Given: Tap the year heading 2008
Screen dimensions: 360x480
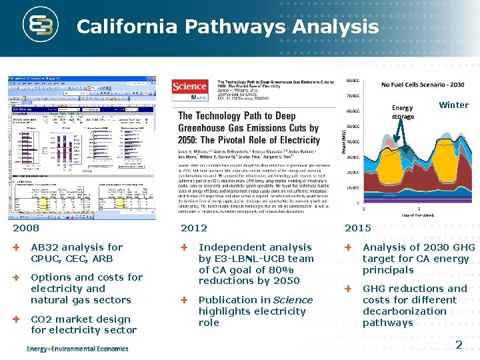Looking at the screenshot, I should pyautogui.click(x=26, y=228).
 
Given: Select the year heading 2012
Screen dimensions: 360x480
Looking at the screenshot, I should pyautogui.click(x=194, y=228).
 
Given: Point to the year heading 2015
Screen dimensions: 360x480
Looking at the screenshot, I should pyautogui.click(x=357, y=228).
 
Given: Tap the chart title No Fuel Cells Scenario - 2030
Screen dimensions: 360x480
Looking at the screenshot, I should pyautogui.click(x=423, y=85).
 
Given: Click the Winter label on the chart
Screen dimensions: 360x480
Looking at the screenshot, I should pyautogui.click(x=453, y=105).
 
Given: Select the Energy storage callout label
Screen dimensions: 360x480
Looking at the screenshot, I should pyautogui.click(x=402, y=112).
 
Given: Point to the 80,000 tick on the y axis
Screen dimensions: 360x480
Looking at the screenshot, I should pyautogui.click(x=353, y=80).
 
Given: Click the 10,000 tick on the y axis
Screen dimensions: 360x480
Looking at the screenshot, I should pyautogui.click(x=353, y=187).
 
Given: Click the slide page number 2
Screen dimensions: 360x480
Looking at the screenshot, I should pyautogui.click(x=459, y=344).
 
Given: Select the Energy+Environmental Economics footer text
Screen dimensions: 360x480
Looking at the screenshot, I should pyautogui.click(x=77, y=349).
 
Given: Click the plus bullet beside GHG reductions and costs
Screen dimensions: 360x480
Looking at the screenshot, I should pyautogui.click(x=348, y=289).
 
